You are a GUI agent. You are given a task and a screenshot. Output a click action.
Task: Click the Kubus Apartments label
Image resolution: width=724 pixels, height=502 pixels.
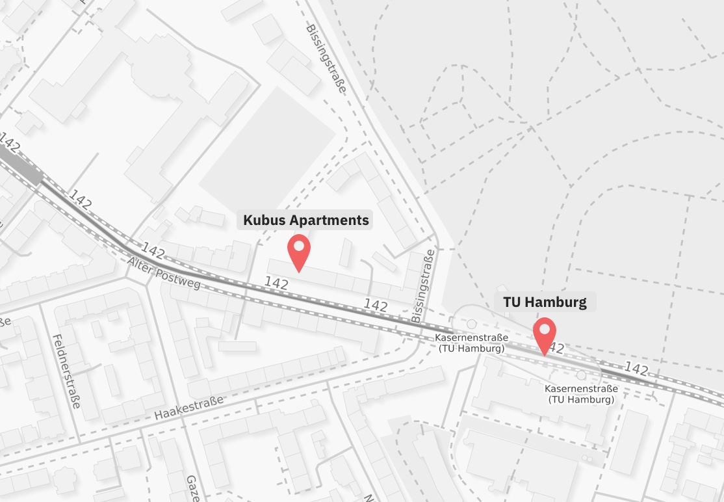coord(306,220)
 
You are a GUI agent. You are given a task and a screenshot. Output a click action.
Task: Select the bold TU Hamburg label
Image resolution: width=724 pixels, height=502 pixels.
coord(545,302)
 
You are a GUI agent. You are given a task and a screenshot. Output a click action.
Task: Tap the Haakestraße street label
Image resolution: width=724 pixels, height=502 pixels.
coord(189,408)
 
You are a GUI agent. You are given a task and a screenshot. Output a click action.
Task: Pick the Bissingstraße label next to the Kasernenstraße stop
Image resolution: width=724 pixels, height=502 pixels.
coord(421,286)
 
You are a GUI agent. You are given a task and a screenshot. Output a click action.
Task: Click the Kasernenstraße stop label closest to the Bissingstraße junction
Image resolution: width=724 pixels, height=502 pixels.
coord(471,343)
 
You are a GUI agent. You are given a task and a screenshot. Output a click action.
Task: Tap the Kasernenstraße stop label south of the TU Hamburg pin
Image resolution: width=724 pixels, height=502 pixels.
coord(581,394)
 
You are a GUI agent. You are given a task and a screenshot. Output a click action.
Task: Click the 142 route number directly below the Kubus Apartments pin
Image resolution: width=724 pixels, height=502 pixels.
coord(276,283)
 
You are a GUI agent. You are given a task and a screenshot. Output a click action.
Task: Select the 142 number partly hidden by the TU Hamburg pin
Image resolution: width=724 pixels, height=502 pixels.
coord(556,349)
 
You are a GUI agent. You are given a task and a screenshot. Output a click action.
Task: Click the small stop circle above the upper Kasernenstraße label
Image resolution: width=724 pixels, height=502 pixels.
coord(472,323)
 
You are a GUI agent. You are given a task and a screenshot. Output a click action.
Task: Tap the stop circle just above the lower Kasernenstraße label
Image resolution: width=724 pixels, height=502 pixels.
coord(581,375)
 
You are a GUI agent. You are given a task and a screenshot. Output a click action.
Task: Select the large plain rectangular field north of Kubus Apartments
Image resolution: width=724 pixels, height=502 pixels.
coord(267,150)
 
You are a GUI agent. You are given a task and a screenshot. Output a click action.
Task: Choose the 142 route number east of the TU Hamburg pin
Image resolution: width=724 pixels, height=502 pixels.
coord(636,369)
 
